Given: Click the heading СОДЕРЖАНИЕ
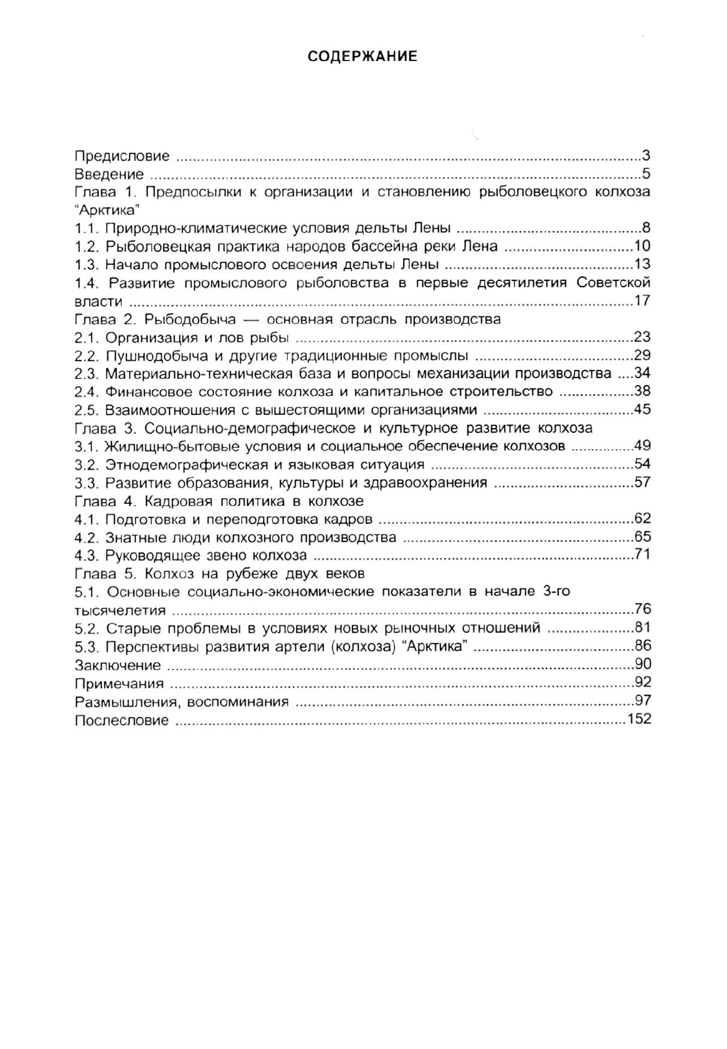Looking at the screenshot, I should click(363, 57).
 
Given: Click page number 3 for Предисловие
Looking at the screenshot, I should click(646, 155).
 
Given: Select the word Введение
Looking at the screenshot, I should click(109, 174).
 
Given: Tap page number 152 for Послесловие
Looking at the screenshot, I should click(639, 719).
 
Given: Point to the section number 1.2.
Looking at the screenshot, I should click(87, 246).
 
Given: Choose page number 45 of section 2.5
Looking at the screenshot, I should click(642, 410).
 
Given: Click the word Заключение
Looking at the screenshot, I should click(118, 665).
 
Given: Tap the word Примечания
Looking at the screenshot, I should click(119, 683).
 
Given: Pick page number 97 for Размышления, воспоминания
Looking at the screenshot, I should click(642, 701).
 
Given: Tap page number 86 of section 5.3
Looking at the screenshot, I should click(642, 646).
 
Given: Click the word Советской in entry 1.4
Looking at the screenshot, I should click(613, 283).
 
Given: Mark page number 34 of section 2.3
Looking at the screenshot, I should click(642, 374).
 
